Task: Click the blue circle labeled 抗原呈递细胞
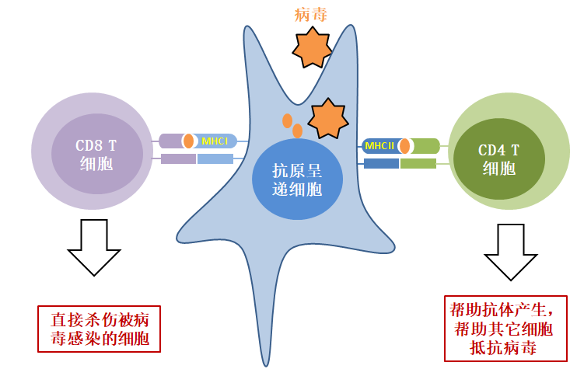296,178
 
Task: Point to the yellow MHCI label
214,141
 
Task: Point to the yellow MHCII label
379,145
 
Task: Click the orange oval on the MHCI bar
189,141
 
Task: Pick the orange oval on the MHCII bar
404,146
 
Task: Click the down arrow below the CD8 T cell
95,246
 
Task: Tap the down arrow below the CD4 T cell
511,252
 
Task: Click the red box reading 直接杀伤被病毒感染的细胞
99,329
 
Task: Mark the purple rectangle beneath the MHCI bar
178,159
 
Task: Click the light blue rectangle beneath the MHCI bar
215,159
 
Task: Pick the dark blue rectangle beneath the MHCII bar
381,163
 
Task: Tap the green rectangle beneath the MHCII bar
418,163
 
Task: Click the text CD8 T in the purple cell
96,145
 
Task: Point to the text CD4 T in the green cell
498,150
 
